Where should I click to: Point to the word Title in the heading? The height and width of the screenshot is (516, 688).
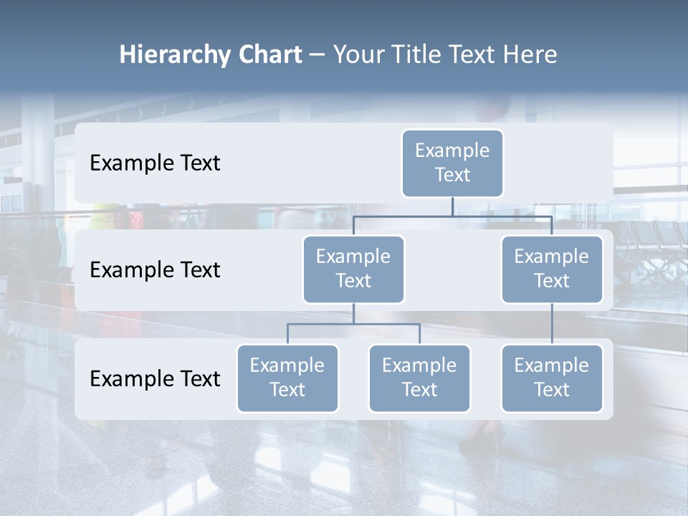tap(415, 55)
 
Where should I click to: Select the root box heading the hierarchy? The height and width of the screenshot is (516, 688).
tap(452, 163)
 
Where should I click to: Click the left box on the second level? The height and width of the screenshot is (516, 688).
tap(353, 269)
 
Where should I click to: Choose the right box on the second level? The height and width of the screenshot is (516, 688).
tap(552, 269)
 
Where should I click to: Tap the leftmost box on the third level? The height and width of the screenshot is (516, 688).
tap(287, 378)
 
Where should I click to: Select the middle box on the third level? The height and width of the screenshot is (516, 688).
tap(419, 378)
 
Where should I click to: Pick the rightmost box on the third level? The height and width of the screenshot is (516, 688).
tap(552, 378)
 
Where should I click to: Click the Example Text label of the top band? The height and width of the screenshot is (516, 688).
tap(155, 163)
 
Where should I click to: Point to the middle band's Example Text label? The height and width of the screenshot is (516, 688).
tap(155, 269)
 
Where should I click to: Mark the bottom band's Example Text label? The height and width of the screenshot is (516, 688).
tap(155, 378)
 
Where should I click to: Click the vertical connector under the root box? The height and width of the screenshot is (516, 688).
tap(452, 206)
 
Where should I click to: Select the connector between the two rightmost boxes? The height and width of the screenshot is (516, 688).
tap(552, 324)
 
